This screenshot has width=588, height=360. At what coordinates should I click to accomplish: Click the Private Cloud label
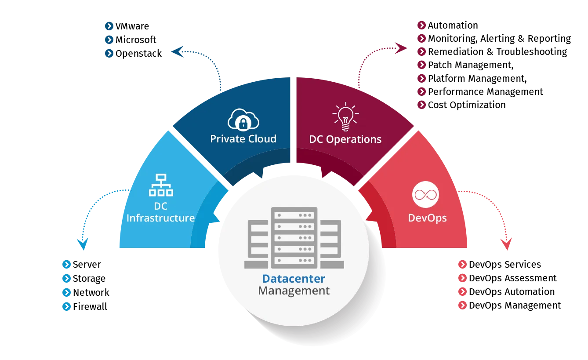243,139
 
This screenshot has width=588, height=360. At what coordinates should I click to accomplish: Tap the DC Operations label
345,139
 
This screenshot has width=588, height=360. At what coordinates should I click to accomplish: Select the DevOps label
427,218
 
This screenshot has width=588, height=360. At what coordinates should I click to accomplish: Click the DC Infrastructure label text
160,212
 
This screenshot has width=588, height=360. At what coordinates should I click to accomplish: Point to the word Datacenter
294,279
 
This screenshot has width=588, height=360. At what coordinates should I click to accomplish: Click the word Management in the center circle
294,291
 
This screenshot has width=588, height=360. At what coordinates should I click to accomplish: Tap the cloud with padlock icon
243,119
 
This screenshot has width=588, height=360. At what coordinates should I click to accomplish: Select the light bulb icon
345,116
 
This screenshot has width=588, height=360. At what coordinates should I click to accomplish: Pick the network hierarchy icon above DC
161,185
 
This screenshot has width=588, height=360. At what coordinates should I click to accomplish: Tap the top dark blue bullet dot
109,26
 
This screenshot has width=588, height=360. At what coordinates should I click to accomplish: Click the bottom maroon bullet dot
421,105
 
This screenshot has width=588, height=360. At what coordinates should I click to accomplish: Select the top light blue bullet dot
67,265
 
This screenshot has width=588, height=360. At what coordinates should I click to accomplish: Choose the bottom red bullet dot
462,305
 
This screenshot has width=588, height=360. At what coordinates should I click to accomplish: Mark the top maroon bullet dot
421,25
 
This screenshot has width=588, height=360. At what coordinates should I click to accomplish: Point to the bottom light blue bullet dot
67,306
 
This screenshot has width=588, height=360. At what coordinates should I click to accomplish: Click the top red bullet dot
462,265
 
